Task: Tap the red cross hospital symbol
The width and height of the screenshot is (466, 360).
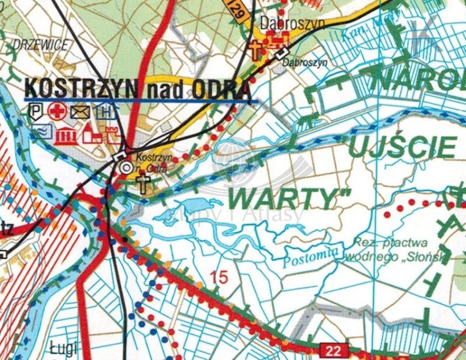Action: [58, 112]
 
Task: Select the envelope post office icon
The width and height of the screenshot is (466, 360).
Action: [80, 112]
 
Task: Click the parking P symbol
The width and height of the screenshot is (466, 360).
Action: [37, 112]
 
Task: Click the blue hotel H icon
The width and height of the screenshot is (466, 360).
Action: [106, 112]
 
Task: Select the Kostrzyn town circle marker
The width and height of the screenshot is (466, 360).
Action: [126, 167]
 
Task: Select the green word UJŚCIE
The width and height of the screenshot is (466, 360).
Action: [401, 147]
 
